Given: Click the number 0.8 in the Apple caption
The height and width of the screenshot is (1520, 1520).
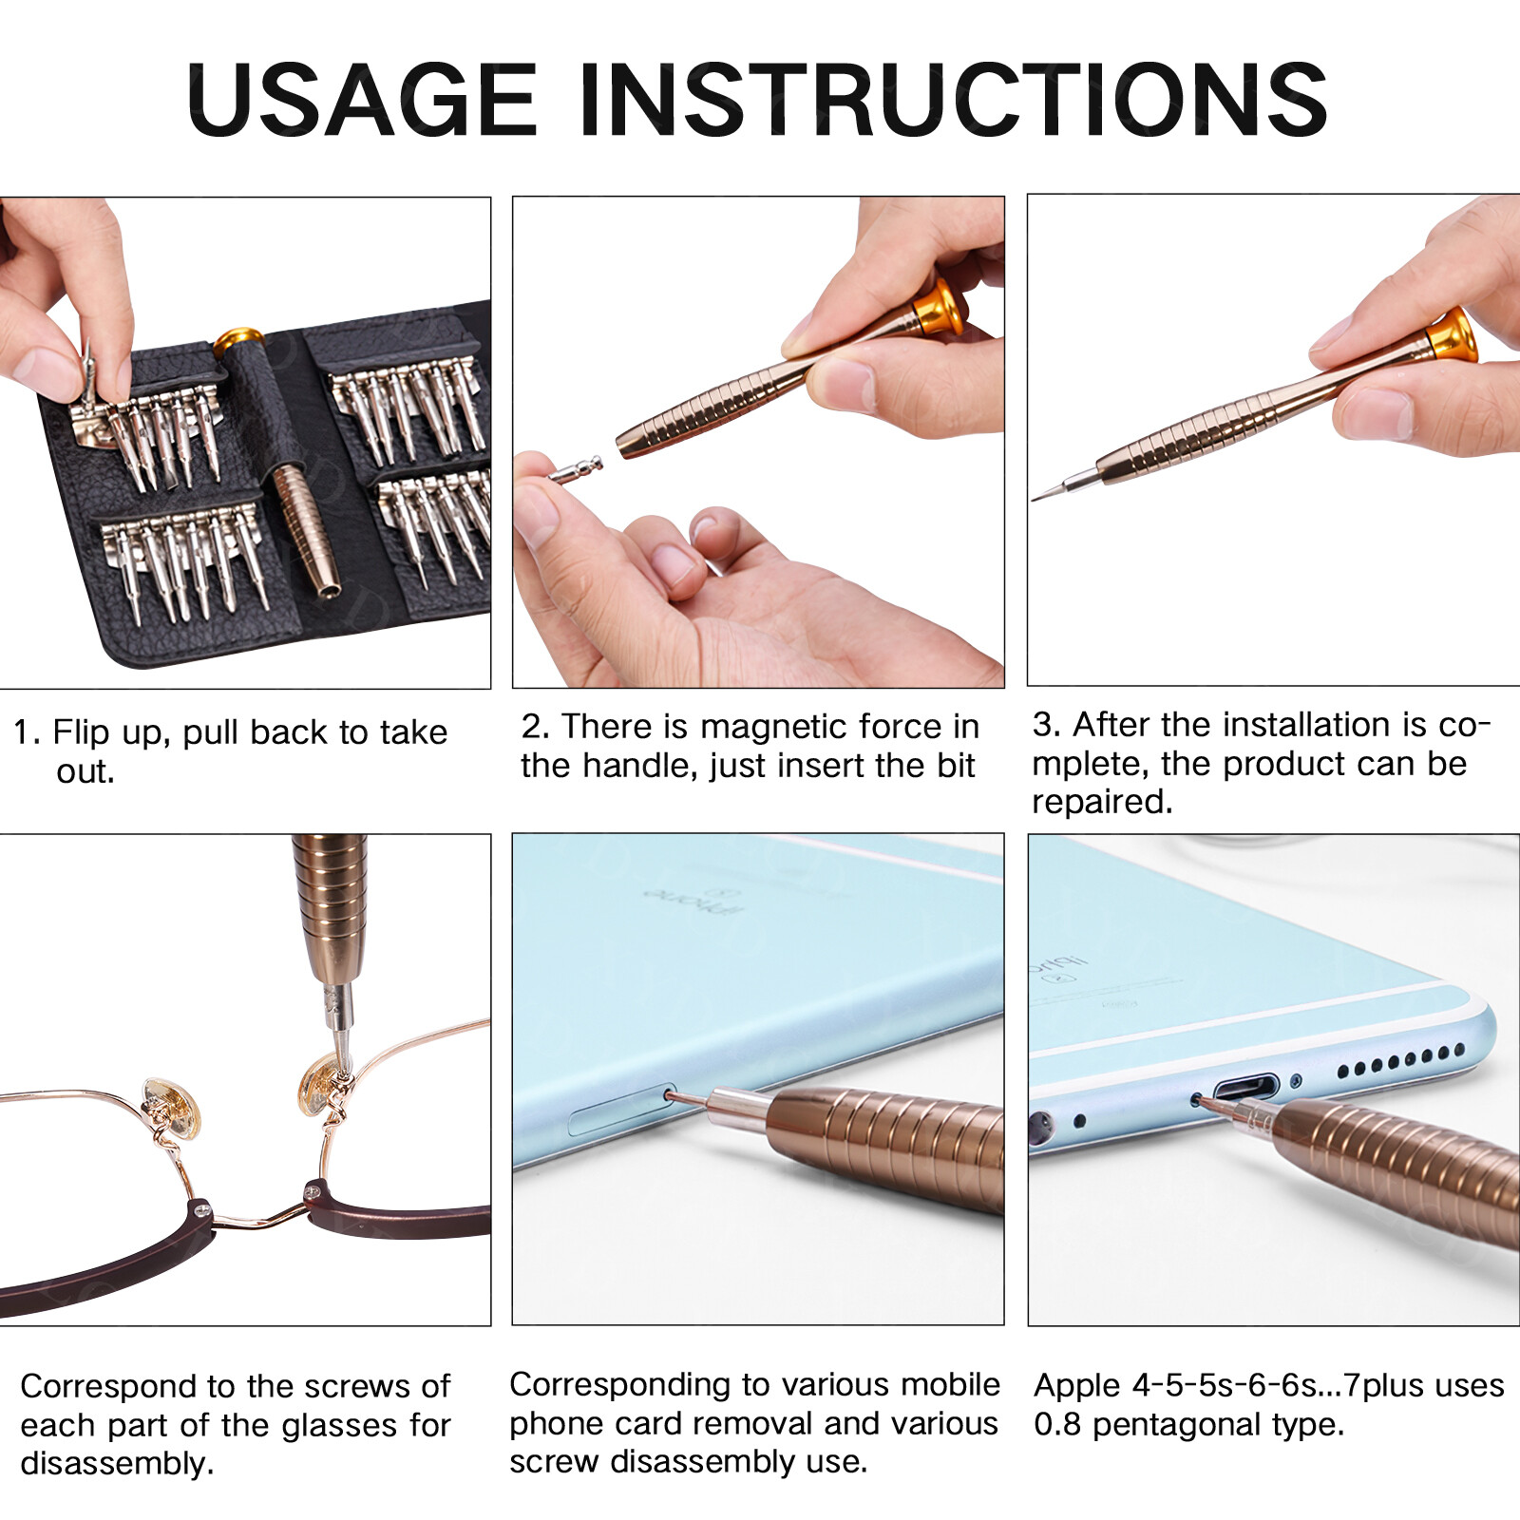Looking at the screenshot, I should pos(1057,1425).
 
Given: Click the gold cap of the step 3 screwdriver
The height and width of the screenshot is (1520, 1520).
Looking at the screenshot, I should pos(1453,335).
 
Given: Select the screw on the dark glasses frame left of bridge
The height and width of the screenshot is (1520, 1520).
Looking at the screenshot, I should pos(201,1209).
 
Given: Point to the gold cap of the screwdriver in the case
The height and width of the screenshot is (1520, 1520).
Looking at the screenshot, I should pos(237,338).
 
